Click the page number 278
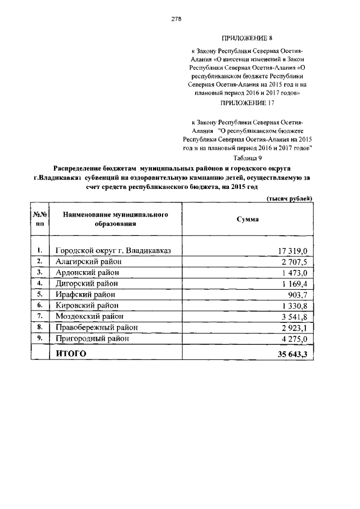(x=176, y=19)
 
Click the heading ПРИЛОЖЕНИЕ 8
(x=247, y=38)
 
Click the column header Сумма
(x=247, y=219)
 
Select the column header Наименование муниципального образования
(x=116, y=219)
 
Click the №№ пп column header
(x=39, y=219)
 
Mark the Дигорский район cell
(x=87, y=283)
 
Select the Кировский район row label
(x=87, y=305)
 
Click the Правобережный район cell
(x=97, y=327)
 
